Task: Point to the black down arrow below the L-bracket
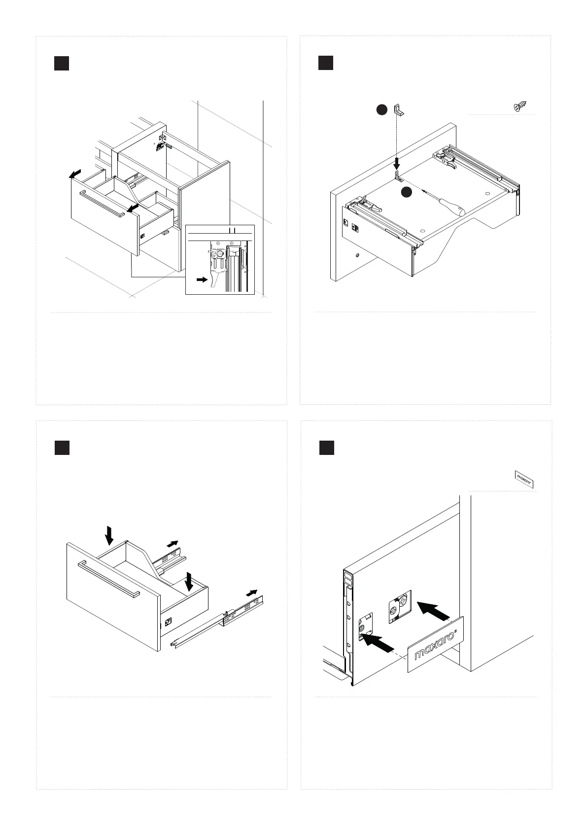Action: (x=397, y=162)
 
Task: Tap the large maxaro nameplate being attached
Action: (x=436, y=644)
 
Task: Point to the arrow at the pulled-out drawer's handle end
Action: (x=132, y=209)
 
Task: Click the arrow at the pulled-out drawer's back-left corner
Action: (x=75, y=174)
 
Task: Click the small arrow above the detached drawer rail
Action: (x=252, y=592)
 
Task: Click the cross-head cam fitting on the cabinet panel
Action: (x=400, y=606)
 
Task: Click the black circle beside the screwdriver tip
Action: (x=406, y=193)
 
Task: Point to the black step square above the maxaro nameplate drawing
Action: (x=326, y=448)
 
